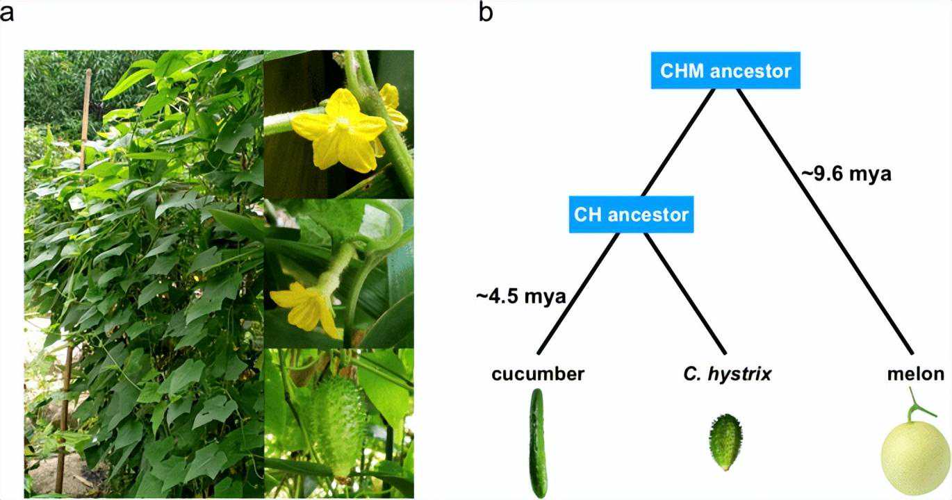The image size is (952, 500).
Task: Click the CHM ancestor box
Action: [x=725, y=71]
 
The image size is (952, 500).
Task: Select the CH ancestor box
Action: [x=631, y=214]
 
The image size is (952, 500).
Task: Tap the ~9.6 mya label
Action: [x=846, y=174]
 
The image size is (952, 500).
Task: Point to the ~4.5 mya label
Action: [x=521, y=297]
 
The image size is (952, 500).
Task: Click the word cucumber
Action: [x=537, y=374]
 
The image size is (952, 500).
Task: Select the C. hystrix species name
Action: [x=727, y=374]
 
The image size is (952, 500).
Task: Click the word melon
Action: [x=915, y=374]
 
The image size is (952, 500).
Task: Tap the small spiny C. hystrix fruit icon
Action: [x=724, y=442]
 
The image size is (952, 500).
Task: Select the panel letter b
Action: [x=486, y=12]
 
